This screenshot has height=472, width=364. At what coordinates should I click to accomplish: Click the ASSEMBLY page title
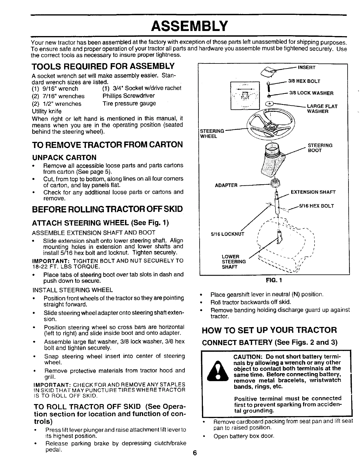[x=189, y=26]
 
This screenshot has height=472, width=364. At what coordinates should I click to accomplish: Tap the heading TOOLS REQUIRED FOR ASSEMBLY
[x=103, y=66]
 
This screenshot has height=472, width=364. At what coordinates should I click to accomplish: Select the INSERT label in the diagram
[x=307, y=67]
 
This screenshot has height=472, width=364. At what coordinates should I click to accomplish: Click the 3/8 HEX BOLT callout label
[x=304, y=81]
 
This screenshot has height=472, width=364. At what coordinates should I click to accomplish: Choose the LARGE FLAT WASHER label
[x=322, y=109]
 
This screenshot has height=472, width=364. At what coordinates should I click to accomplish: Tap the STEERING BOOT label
[x=320, y=148]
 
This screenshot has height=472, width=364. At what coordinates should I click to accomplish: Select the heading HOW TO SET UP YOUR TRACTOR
[x=269, y=330]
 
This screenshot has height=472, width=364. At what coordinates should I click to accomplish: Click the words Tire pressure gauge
[x=129, y=103]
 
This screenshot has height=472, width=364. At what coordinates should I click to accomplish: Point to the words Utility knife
[x=47, y=111]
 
